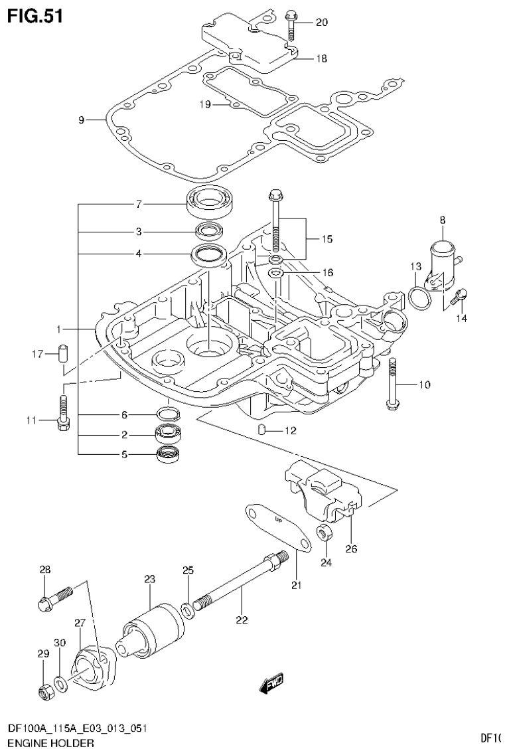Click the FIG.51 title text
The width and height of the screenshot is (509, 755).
(35, 16)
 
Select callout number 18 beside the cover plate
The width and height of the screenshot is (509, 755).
(321, 58)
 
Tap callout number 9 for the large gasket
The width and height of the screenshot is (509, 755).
(81, 120)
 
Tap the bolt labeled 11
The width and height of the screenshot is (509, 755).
(62, 414)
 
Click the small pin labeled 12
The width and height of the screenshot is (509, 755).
(263, 430)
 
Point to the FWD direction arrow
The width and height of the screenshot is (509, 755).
(273, 681)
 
